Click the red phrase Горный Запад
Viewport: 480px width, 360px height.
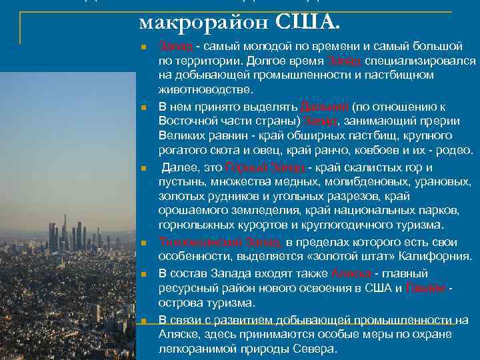coord(265,167)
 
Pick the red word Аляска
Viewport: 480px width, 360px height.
coord(348,273)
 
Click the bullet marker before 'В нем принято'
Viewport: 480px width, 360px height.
coord(143,108)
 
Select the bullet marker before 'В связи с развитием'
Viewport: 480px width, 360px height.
coord(143,321)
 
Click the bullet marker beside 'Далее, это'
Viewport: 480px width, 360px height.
coord(143,168)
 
